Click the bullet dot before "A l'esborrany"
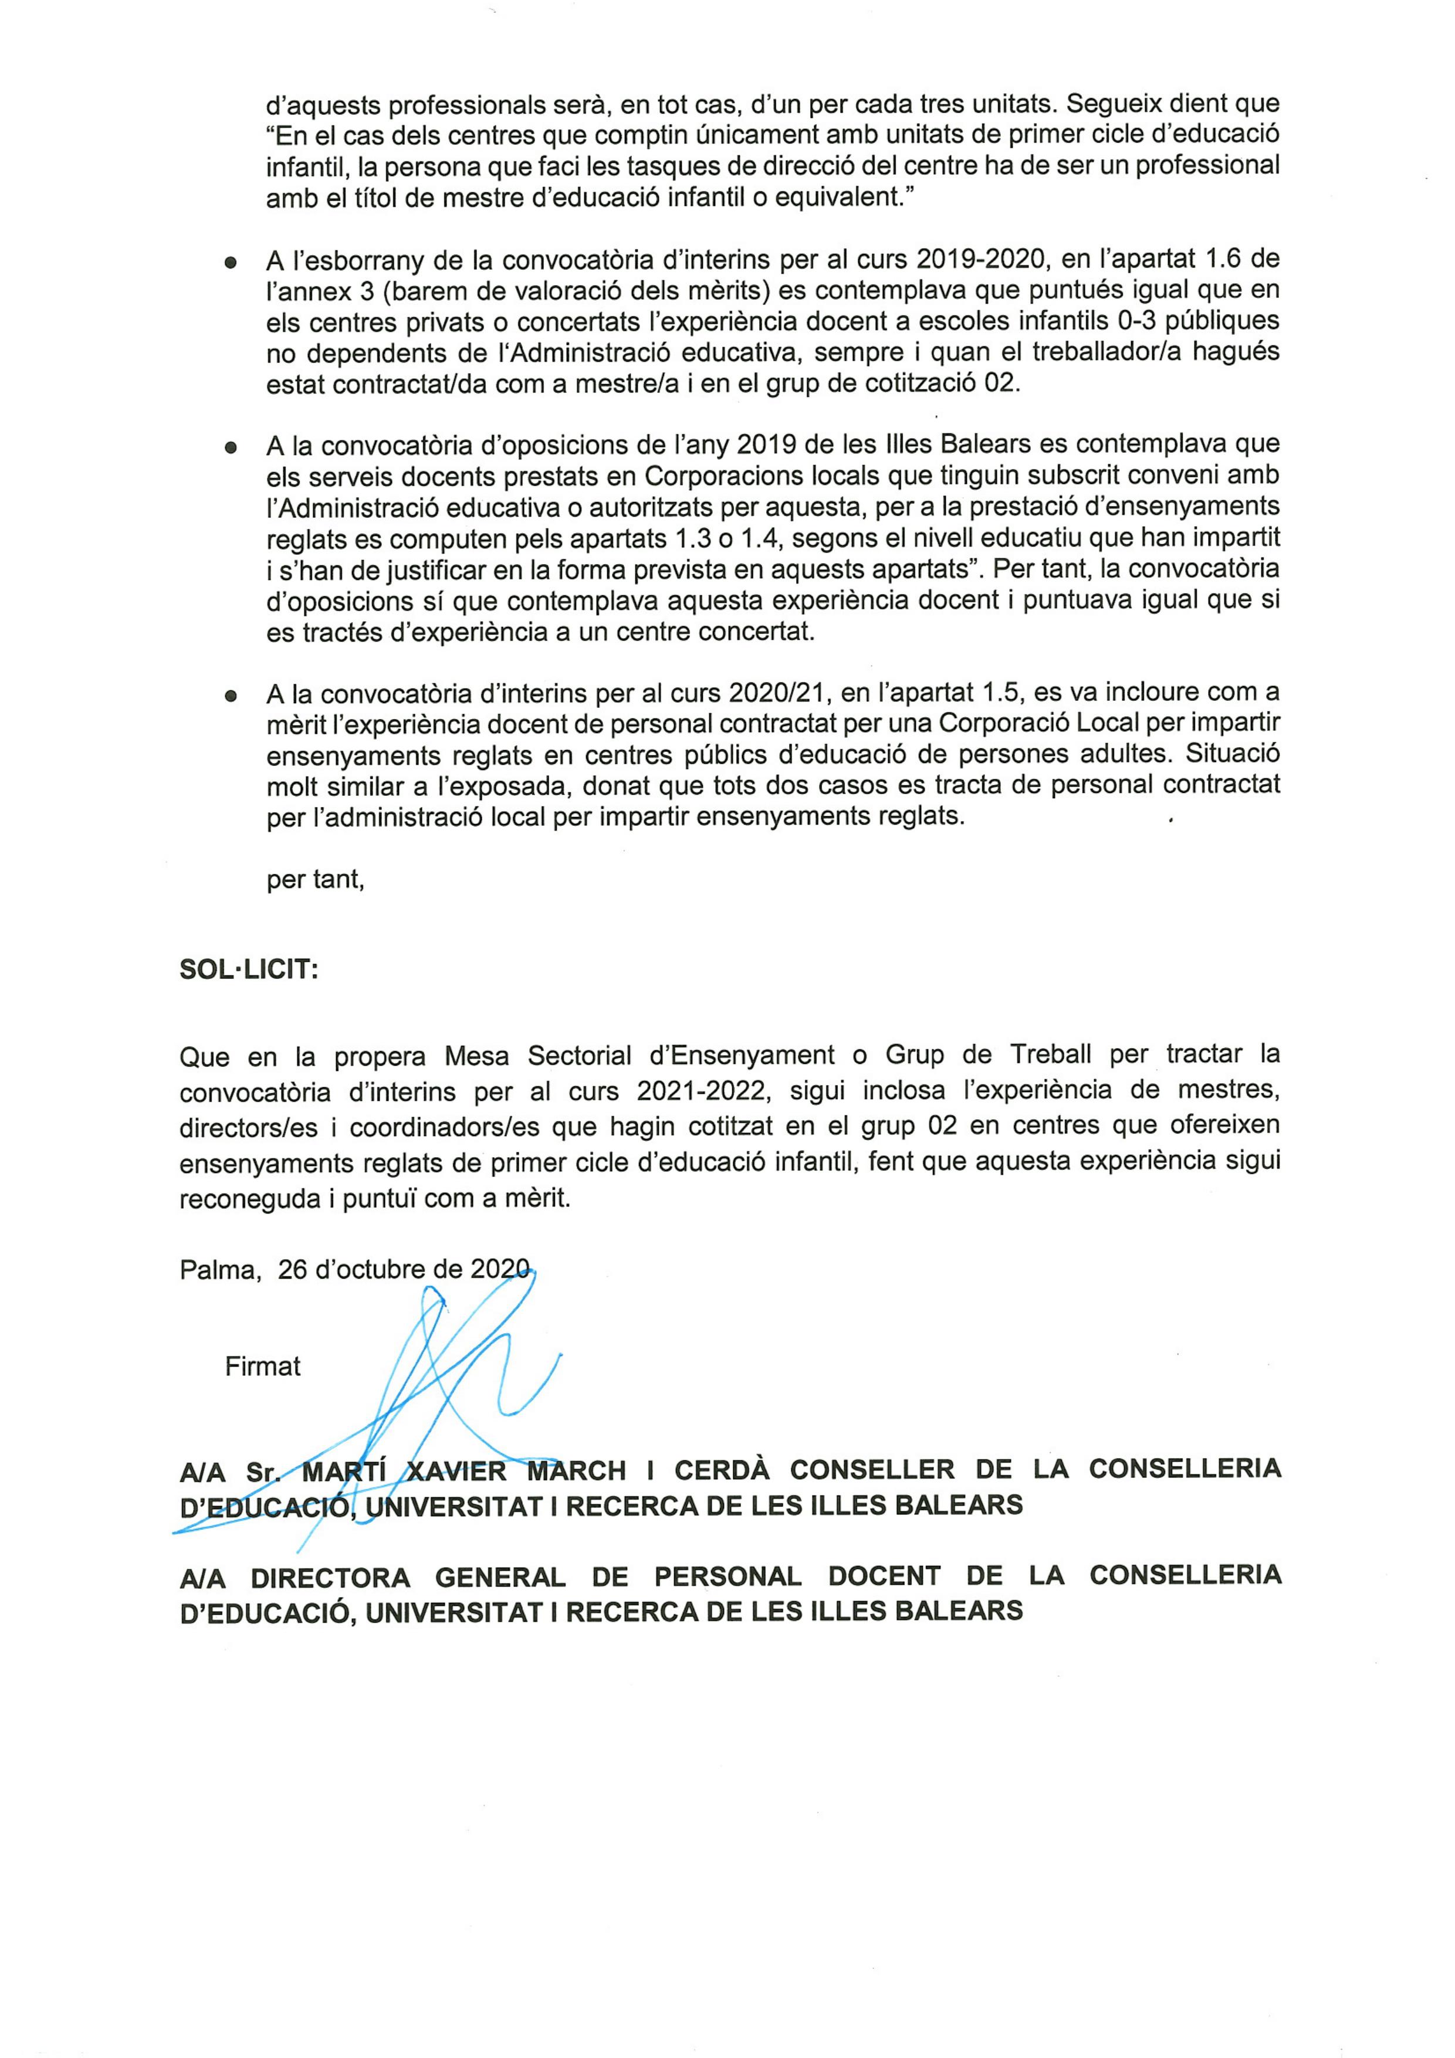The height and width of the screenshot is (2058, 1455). click(231, 262)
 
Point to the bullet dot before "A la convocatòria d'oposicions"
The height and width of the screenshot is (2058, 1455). click(231, 446)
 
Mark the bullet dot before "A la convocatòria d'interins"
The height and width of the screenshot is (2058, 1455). click(231, 694)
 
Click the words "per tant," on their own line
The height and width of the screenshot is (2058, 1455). click(314, 879)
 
